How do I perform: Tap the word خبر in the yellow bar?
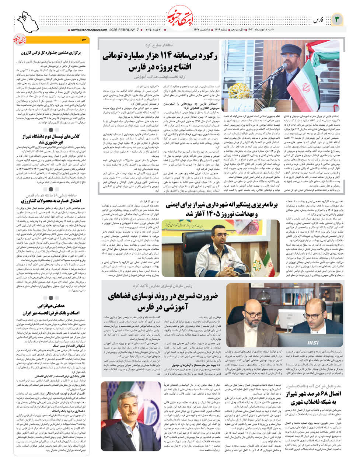tap(84, 39)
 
